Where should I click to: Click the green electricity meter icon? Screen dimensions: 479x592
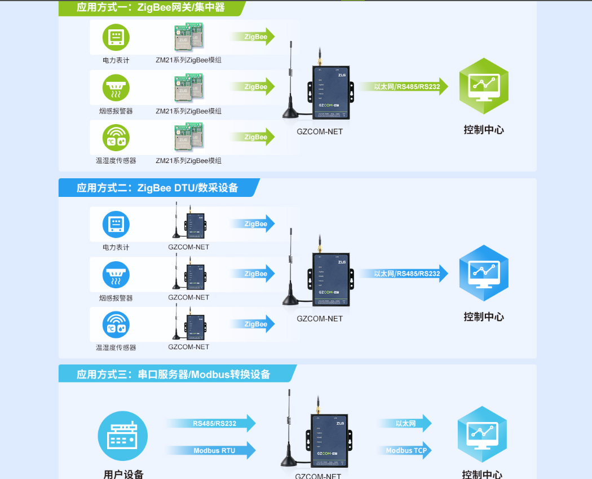click(116, 37)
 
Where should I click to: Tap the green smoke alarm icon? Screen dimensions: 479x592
click(116, 88)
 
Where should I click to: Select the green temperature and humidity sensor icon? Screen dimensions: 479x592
click(116, 138)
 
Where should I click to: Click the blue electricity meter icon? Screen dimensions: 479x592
click(116, 224)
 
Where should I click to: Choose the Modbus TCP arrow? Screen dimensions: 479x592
click(406, 450)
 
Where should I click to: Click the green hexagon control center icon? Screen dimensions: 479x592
click(483, 86)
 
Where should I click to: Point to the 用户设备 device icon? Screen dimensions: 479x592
click(123, 437)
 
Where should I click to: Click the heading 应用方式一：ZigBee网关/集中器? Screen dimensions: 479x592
click(151, 8)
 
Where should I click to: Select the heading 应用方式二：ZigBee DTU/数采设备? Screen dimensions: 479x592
click(158, 188)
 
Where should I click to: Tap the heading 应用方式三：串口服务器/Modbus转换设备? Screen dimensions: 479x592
click(174, 374)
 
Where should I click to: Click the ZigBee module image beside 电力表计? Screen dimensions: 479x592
click(188, 37)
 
